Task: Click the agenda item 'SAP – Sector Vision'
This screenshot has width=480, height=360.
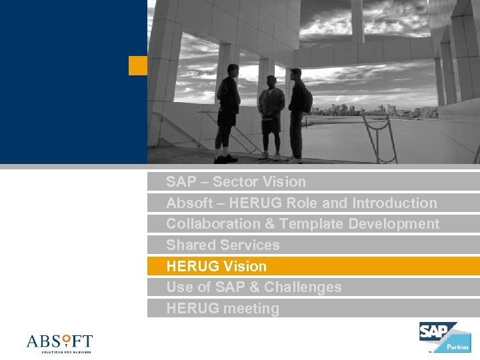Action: (235, 182)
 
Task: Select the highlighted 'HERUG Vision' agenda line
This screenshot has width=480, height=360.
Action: (216, 267)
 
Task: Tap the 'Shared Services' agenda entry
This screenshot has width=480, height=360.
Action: (223, 245)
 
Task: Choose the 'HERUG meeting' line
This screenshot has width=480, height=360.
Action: (223, 309)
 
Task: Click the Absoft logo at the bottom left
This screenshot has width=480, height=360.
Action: (59, 343)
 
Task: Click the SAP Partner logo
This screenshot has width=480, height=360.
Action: (444, 337)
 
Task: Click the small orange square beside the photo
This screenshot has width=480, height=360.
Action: (137, 65)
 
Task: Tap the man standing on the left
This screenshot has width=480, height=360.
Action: (227, 119)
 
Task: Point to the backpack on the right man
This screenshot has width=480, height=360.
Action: (307, 100)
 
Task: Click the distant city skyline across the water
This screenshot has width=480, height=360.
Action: (360, 109)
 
